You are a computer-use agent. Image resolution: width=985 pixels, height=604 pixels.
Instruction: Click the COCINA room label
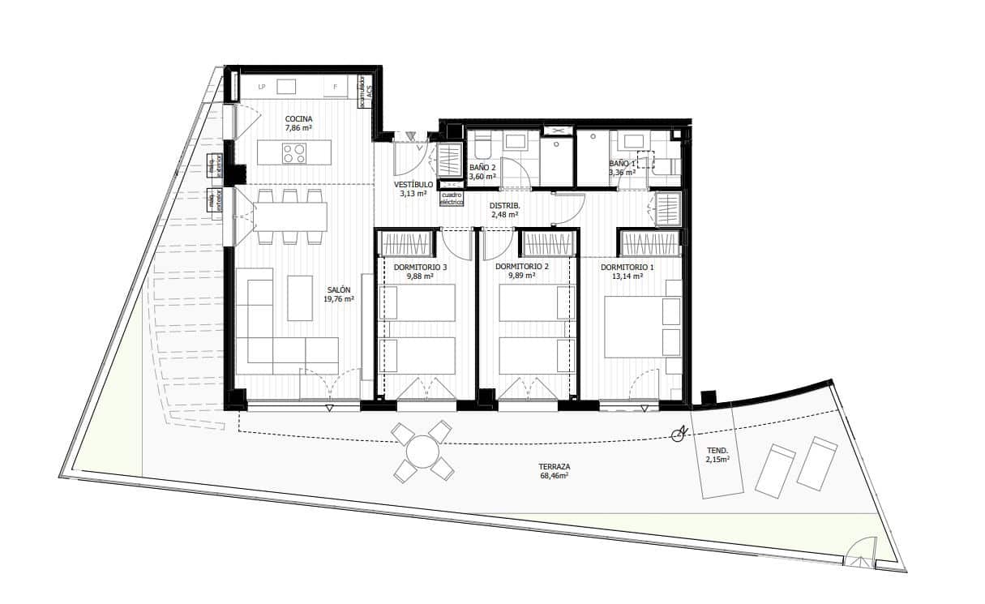click(x=298, y=118)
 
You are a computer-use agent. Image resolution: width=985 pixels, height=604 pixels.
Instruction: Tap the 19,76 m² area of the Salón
click(x=339, y=299)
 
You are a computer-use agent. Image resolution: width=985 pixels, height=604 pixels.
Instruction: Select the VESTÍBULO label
click(x=413, y=184)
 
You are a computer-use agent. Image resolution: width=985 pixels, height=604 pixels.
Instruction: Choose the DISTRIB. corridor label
click(x=504, y=206)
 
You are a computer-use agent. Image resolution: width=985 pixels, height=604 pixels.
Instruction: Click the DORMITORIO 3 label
click(x=420, y=267)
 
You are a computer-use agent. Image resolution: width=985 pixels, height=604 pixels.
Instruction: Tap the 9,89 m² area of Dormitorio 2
click(x=521, y=276)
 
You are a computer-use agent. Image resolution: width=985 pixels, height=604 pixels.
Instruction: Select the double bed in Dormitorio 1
click(x=642, y=326)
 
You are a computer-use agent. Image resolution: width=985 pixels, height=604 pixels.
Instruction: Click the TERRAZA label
click(x=555, y=467)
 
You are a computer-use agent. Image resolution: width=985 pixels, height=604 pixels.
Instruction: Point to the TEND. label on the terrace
click(x=717, y=450)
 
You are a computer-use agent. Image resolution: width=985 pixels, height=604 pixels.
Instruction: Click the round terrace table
click(x=422, y=452)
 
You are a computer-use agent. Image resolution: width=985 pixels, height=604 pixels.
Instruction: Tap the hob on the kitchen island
click(x=294, y=152)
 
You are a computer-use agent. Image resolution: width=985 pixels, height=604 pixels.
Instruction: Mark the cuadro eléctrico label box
click(x=452, y=198)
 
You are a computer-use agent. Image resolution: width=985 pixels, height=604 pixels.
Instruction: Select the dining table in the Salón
click(x=289, y=216)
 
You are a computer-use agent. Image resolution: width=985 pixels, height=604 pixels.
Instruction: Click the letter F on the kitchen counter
click(x=334, y=87)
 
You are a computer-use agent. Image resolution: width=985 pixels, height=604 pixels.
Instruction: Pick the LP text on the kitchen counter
click(x=262, y=87)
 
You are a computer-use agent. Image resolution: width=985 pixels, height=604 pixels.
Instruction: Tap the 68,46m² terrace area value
click(x=555, y=477)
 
